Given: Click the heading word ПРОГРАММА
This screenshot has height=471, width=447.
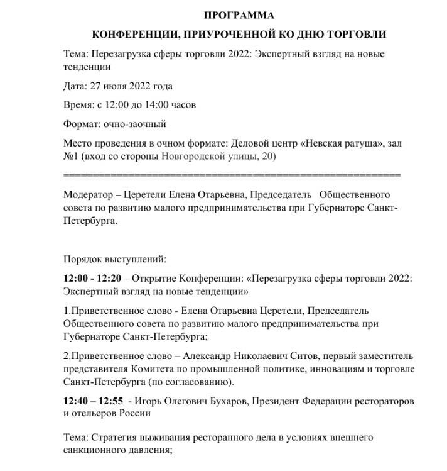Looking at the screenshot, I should pos(239,15).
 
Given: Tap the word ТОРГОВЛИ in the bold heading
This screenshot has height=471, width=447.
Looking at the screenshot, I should pos(355,34).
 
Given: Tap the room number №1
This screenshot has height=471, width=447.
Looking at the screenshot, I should pos(71,155).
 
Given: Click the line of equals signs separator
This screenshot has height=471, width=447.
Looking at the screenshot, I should pos(232,174).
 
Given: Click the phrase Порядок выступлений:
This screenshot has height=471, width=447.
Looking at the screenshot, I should pos(115,258).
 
